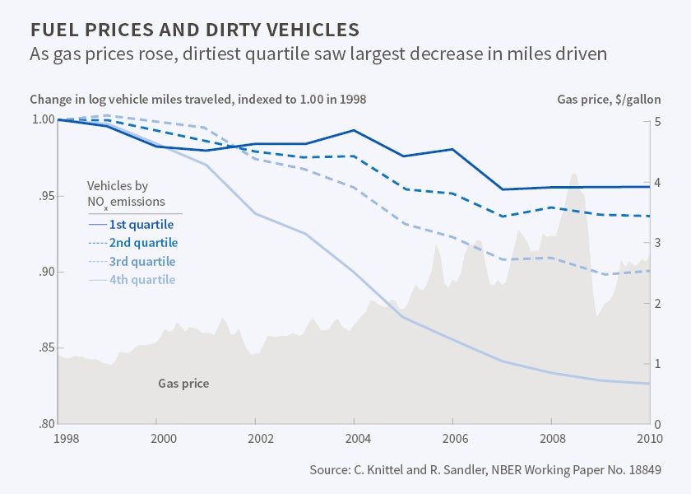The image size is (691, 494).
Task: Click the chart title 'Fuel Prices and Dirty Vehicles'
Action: click(x=194, y=30)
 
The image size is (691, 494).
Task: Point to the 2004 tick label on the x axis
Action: click(x=354, y=439)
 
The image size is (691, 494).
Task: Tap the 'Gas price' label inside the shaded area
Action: click(x=183, y=383)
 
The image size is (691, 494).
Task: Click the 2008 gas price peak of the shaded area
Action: click(x=574, y=175)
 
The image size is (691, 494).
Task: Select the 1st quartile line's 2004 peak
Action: click(x=354, y=130)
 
